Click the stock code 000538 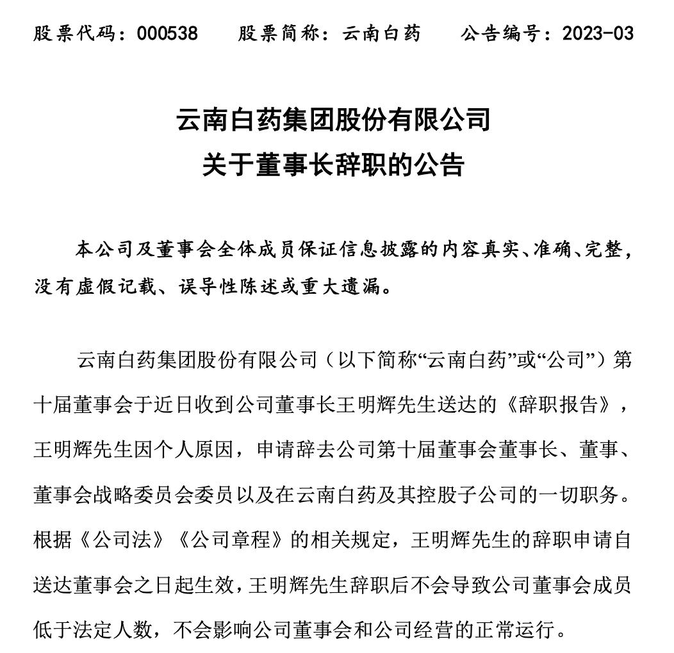pyautogui.click(x=167, y=33)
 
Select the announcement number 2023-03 pyautogui.click(x=597, y=33)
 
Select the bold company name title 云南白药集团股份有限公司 pyautogui.click(x=334, y=120)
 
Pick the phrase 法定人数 pyautogui.click(x=116, y=630)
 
